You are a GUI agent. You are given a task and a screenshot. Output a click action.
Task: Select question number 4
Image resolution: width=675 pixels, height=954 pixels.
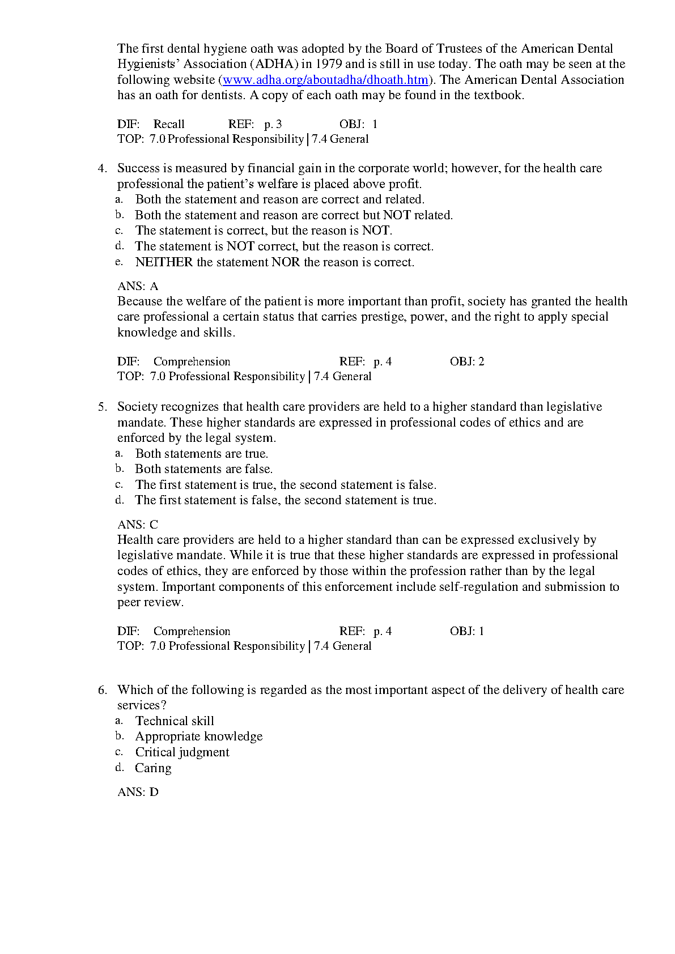[x=102, y=168]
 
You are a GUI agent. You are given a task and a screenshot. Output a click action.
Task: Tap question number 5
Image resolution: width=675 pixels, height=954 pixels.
[x=102, y=407]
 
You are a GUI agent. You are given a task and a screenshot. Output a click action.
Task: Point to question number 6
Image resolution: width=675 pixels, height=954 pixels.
[x=102, y=690]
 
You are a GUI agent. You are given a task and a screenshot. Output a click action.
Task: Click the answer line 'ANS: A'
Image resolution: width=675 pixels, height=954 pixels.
[x=138, y=286]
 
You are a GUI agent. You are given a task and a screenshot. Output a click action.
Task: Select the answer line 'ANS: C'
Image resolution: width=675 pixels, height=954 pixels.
[x=138, y=525]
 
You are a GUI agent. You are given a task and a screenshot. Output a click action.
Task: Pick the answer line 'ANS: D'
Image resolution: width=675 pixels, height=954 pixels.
[x=138, y=792]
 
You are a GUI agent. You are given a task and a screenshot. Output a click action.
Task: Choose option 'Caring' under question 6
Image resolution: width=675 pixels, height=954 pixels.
[x=153, y=768]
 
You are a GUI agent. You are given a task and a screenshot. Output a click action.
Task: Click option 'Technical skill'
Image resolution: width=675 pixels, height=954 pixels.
[x=175, y=721]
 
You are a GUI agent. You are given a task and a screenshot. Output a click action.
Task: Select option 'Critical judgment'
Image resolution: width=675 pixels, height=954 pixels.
[x=182, y=752]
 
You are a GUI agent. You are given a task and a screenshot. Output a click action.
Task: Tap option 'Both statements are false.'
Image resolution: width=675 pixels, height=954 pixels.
[x=203, y=469]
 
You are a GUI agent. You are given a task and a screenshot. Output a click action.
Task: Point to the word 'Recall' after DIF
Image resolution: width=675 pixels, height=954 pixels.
[x=169, y=125]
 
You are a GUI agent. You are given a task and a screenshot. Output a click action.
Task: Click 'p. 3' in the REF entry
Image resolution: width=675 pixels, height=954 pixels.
[x=273, y=125]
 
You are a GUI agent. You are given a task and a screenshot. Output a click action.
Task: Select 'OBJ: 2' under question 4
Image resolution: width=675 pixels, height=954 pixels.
[x=467, y=361]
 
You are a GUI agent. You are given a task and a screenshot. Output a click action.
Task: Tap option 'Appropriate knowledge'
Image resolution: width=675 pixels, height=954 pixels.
[x=198, y=736]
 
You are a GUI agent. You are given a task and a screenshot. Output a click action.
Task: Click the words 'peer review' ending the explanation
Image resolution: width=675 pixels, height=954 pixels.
[x=150, y=602]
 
